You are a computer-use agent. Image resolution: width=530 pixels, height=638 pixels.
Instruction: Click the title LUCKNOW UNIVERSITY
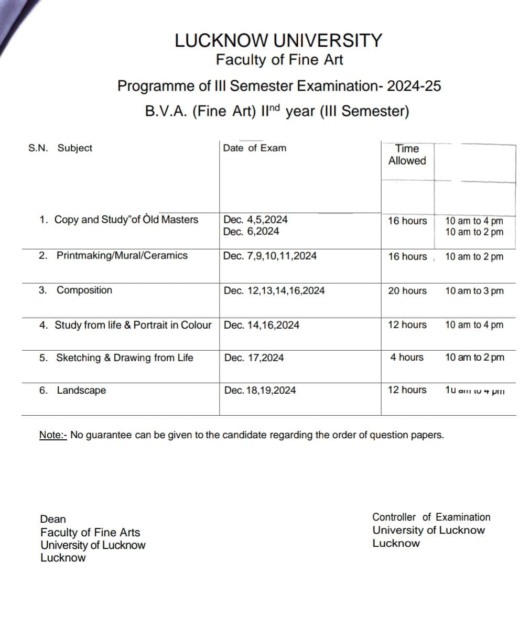click(278, 40)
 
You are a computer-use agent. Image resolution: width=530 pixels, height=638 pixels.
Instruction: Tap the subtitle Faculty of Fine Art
click(279, 60)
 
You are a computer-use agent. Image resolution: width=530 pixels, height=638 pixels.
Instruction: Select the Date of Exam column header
click(254, 148)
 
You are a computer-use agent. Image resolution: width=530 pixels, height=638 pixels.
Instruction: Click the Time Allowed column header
click(407, 155)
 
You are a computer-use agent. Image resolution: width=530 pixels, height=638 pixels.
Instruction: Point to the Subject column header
click(74, 148)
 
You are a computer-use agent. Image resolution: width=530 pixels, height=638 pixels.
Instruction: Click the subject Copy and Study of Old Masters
click(126, 220)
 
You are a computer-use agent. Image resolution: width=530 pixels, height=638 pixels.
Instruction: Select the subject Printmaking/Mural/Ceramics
click(122, 256)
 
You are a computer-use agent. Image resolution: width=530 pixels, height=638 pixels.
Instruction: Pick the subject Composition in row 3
click(84, 290)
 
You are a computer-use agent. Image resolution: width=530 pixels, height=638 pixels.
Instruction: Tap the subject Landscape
click(81, 391)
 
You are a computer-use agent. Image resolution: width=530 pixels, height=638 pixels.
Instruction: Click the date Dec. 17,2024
click(254, 358)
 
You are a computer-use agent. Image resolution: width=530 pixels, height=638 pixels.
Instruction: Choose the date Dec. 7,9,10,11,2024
click(269, 256)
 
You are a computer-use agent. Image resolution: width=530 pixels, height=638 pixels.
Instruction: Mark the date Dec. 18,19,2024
click(259, 391)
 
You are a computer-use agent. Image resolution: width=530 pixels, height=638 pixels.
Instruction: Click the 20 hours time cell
click(407, 291)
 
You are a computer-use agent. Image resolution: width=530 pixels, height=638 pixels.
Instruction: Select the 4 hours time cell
click(406, 358)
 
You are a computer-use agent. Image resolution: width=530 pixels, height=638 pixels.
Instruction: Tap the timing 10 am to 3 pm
click(474, 291)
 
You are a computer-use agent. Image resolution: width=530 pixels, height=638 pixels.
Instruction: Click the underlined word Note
click(52, 435)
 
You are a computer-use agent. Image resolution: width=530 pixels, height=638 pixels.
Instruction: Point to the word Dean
click(53, 519)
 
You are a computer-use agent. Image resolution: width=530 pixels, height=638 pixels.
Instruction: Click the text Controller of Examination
click(431, 517)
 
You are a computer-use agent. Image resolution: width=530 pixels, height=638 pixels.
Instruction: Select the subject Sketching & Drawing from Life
click(124, 358)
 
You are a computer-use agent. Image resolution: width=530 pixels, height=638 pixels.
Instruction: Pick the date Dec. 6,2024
click(251, 232)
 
